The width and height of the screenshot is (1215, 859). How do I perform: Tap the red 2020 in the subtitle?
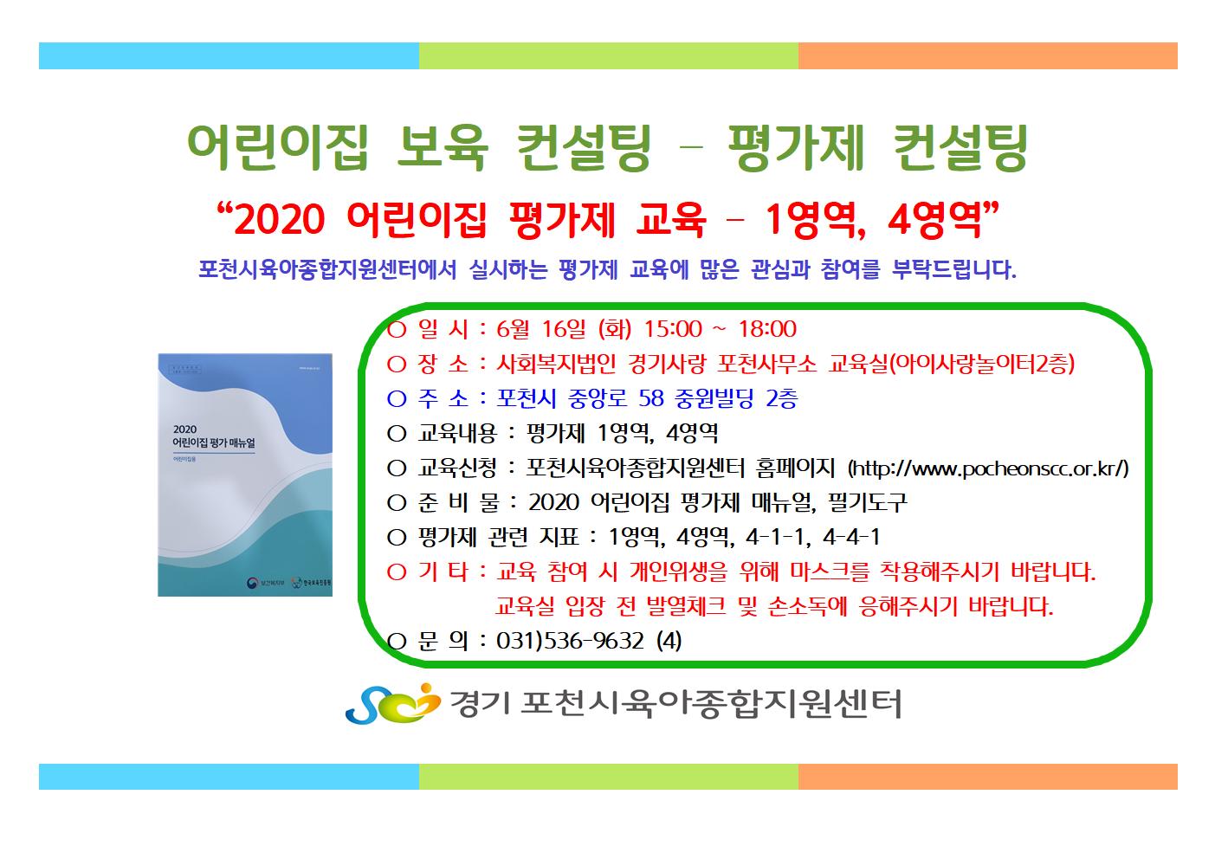click(x=280, y=220)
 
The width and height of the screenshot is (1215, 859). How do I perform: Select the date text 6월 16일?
click(x=540, y=329)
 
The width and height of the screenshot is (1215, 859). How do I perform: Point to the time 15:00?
click(x=673, y=329)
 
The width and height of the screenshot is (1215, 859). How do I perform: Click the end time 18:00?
click(x=767, y=329)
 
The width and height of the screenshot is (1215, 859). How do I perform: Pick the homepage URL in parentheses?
click(x=988, y=468)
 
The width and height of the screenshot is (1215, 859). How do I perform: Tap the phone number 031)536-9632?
click(x=570, y=641)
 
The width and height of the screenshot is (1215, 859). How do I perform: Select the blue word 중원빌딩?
click(x=714, y=398)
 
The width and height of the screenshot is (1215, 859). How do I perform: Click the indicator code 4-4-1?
click(x=851, y=537)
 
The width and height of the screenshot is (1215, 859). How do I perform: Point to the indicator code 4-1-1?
click(x=774, y=537)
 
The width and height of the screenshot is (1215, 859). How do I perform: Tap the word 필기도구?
click(x=868, y=503)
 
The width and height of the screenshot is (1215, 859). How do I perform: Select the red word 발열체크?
click(x=687, y=606)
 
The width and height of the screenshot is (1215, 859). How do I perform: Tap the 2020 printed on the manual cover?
click(x=184, y=429)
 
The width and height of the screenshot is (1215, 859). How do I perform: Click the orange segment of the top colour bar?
click(x=988, y=56)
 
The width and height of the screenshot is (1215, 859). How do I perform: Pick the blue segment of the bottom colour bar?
click(x=229, y=777)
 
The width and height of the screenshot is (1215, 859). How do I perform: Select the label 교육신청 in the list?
click(x=456, y=468)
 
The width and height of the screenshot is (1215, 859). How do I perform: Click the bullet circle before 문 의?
click(x=397, y=642)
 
